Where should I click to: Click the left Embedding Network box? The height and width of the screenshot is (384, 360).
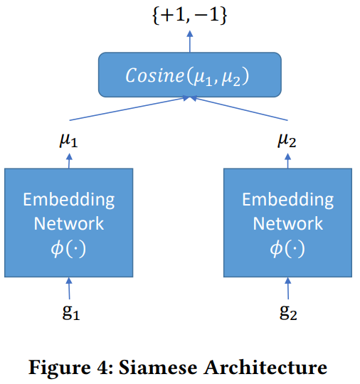(69, 223)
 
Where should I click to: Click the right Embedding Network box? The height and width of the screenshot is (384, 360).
(287, 223)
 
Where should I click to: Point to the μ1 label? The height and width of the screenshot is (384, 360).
(68, 140)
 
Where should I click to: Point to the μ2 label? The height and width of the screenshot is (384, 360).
(287, 140)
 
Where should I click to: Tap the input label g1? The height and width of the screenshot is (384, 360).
(69, 313)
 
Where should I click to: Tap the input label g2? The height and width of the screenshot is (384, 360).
(287, 313)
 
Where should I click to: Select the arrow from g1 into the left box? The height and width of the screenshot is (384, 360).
(69, 289)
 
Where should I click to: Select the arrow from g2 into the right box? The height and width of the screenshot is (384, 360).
(287, 289)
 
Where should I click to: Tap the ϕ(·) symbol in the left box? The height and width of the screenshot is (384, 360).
(69, 250)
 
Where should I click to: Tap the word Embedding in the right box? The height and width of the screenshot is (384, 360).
(287, 198)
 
